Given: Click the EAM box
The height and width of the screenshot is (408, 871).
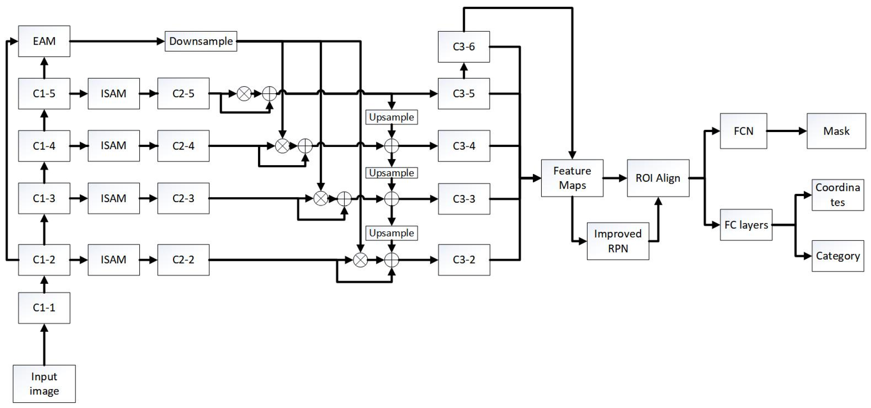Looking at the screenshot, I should coord(44,41).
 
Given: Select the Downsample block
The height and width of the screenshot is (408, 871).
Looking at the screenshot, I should coord(201,41).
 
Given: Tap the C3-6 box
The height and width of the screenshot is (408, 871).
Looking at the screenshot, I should coord(464,47).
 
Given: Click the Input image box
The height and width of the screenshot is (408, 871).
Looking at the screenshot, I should coord(44,383).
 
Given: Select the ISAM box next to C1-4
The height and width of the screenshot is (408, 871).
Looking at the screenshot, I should coord(114,146).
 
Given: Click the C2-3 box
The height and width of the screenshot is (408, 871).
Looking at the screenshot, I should coord(183,198).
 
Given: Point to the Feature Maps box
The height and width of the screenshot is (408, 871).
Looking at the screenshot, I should coord(572,178).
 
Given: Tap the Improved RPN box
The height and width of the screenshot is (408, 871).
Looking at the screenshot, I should coord(618,241).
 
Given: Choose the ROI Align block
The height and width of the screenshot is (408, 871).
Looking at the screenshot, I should coord(658,178).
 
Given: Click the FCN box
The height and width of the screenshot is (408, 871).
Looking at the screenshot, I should coord(743,131).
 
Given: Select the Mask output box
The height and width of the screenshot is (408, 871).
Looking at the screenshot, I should coord(836,131).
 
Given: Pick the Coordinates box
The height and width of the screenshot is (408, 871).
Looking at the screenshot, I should coord(838,195).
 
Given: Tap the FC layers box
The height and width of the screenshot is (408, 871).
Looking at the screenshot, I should coord(746,225).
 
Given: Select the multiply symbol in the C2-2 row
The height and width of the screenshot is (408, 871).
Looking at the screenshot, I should coord(360,260).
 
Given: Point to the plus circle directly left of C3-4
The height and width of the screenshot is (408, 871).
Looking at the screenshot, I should coord(392,146).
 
